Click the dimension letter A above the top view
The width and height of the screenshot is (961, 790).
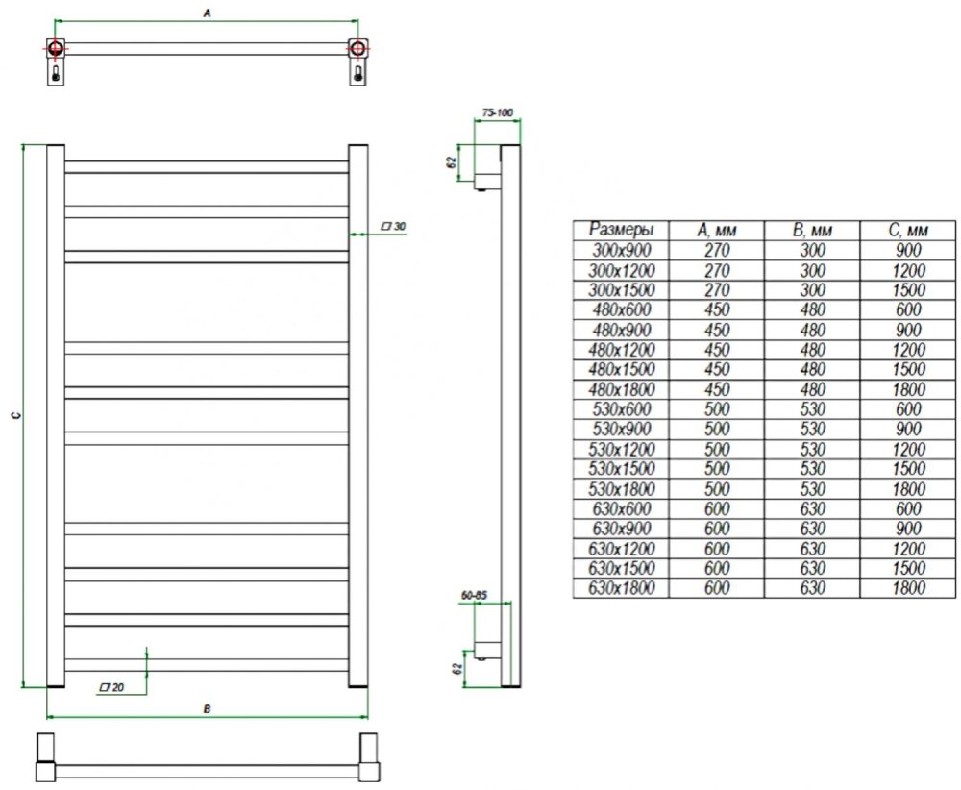[x=207, y=12]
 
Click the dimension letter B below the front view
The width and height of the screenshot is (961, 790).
[x=208, y=709]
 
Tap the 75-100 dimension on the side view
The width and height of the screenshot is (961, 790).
[x=497, y=113]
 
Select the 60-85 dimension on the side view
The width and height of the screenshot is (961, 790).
[x=474, y=596]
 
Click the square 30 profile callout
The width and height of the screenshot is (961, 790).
[x=394, y=227]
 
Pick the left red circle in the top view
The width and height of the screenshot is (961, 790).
[x=57, y=48]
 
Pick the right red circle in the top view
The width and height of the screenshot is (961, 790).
[x=358, y=48]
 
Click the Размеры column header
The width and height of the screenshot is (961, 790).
[x=621, y=230]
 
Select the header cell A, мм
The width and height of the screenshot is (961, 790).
[x=717, y=230]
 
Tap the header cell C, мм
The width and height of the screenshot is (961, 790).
[x=908, y=230]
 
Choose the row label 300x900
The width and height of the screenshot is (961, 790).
[x=621, y=250]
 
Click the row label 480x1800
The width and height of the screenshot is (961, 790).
[x=621, y=389]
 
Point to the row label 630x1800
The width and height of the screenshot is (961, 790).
[x=621, y=588]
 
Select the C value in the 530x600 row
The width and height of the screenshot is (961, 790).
[x=908, y=409]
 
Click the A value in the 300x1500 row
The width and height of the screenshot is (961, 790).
[x=717, y=289]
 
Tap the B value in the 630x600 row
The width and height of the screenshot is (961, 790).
[x=813, y=508]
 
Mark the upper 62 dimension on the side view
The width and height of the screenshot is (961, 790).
[x=451, y=161]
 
